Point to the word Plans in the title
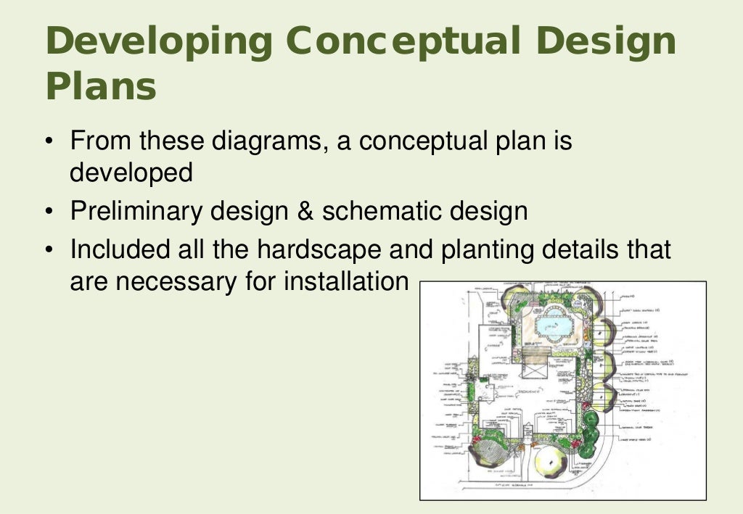(x=101, y=87)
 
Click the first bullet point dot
(x=49, y=141)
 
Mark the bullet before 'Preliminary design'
(x=49, y=212)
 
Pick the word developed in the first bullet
(x=131, y=173)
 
